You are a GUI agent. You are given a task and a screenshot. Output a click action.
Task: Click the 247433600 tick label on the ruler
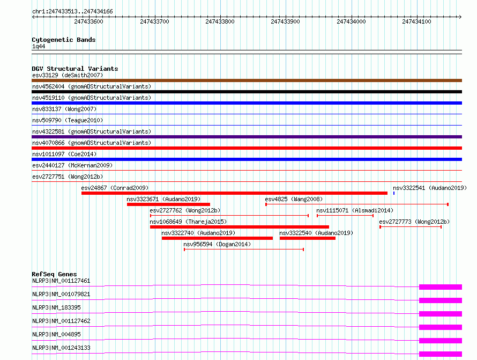(x=89, y=21)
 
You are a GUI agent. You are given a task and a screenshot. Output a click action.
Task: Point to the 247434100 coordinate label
(x=417, y=21)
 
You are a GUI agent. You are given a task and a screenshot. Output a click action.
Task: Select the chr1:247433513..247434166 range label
(x=72, y=11)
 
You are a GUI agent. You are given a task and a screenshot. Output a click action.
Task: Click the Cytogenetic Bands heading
(x=63, y=40)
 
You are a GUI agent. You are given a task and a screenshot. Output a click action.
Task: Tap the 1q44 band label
(x=39, y=46)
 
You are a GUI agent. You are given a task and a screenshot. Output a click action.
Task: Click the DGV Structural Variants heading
(x=74, y=69)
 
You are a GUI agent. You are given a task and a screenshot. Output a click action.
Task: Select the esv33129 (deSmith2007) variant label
(x=68, y=75)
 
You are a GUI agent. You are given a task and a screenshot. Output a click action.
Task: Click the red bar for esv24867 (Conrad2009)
(x=234, y=193)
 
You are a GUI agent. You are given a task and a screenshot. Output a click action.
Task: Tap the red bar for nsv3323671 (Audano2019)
(x=168, y=204)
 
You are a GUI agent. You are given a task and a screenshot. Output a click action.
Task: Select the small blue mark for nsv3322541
(x=394, y=193)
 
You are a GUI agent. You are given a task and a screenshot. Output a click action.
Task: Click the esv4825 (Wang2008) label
(x=294, y=199)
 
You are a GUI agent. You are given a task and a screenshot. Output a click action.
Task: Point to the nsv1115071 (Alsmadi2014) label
(x=355, y=210)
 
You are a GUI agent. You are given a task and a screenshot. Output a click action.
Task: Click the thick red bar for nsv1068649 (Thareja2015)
(x=239, y=227)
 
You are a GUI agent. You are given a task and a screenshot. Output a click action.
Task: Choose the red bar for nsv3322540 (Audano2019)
(x=307, y=238)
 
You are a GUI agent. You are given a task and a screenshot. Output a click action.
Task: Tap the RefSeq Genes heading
(x=54, y=274)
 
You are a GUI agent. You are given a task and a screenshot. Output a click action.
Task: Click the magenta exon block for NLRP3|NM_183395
(x=440, y=314)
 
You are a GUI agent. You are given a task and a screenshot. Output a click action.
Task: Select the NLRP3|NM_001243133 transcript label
(x=61, y=348)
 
